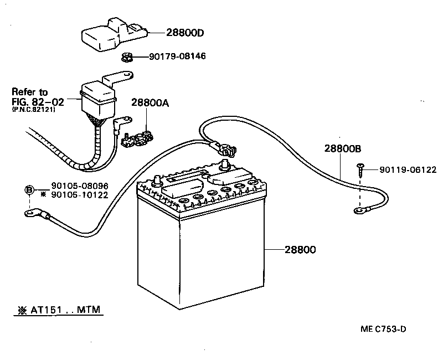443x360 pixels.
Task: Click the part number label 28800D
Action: tap(185, 33)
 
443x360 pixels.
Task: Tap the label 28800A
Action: tap(150, 102)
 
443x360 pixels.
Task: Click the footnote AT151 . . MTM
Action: tap(60, 310)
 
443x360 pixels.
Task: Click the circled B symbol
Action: tap(29, 191)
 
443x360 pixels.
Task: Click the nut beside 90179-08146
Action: tap(126, 57)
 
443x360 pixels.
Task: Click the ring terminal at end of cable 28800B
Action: tap(357, 210)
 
